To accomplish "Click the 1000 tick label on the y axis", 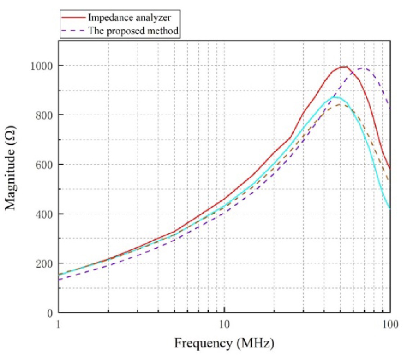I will [x=42, y=66].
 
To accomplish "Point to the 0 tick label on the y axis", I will [x=50, y=313].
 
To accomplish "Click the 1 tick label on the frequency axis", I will [x=58, y=323].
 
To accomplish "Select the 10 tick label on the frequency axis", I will [x=224, y=323].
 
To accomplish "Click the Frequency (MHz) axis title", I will [x=224, y=344].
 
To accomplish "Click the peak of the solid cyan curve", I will [x=334, y=97].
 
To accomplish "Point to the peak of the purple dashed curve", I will [x=364, y=69].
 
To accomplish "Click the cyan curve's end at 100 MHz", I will [x=390, y=208].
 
